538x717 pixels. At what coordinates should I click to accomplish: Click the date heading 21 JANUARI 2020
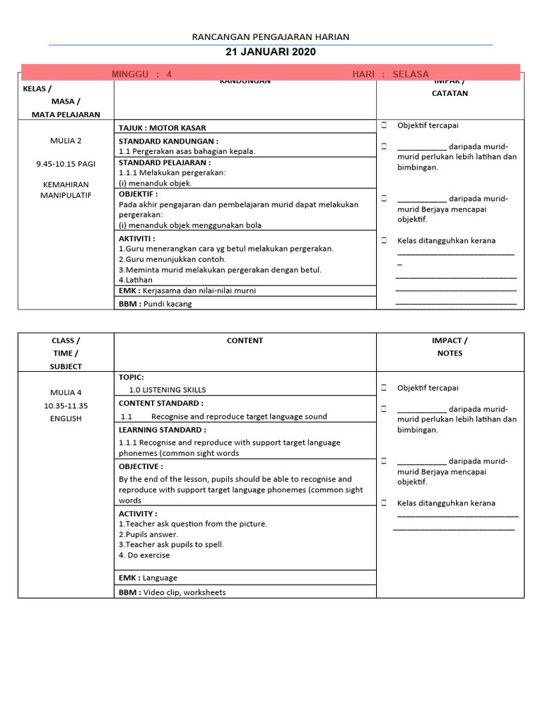[270, 52]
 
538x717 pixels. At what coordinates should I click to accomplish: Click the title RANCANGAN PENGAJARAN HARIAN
[270, 36]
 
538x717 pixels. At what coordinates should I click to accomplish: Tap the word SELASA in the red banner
[411, 74]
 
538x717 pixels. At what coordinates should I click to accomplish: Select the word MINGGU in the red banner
[130, 74]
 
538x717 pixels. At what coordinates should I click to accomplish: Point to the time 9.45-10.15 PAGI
[66, 164]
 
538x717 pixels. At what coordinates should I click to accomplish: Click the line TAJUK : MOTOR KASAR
[163, 128]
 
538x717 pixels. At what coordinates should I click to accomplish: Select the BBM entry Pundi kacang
[155, 304]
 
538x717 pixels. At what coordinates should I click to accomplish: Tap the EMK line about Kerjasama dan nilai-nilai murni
[187, 290]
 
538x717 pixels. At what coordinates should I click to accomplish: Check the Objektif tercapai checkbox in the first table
[385, 125]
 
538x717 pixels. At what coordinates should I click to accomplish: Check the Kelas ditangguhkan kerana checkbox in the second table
[385, 503]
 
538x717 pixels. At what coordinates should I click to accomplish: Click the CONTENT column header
[244, 340]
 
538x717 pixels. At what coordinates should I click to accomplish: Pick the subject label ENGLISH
[66, 419]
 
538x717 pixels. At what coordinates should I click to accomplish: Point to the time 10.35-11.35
[66, 405]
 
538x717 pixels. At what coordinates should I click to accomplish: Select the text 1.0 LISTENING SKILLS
[167, 390]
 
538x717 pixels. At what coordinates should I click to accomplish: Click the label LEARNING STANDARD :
[163, 430]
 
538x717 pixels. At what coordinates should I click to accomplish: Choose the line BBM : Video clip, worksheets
[172, 592]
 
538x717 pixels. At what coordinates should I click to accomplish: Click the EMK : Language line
[148, 578]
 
